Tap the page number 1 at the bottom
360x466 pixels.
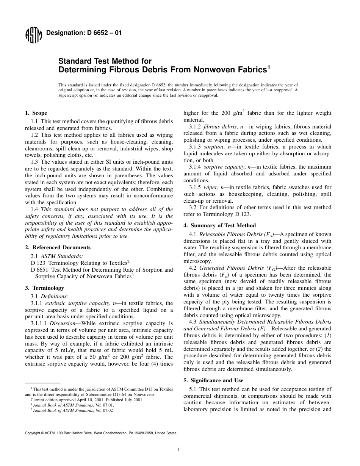pyautogui.click(x=178, y=450)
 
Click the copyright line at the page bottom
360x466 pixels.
pyautogui.click(x=101, y=433)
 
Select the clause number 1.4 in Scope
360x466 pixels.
pyautogui.click(x=34, y=209)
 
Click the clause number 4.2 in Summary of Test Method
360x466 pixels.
pyautogui.click(x=193, y=268)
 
